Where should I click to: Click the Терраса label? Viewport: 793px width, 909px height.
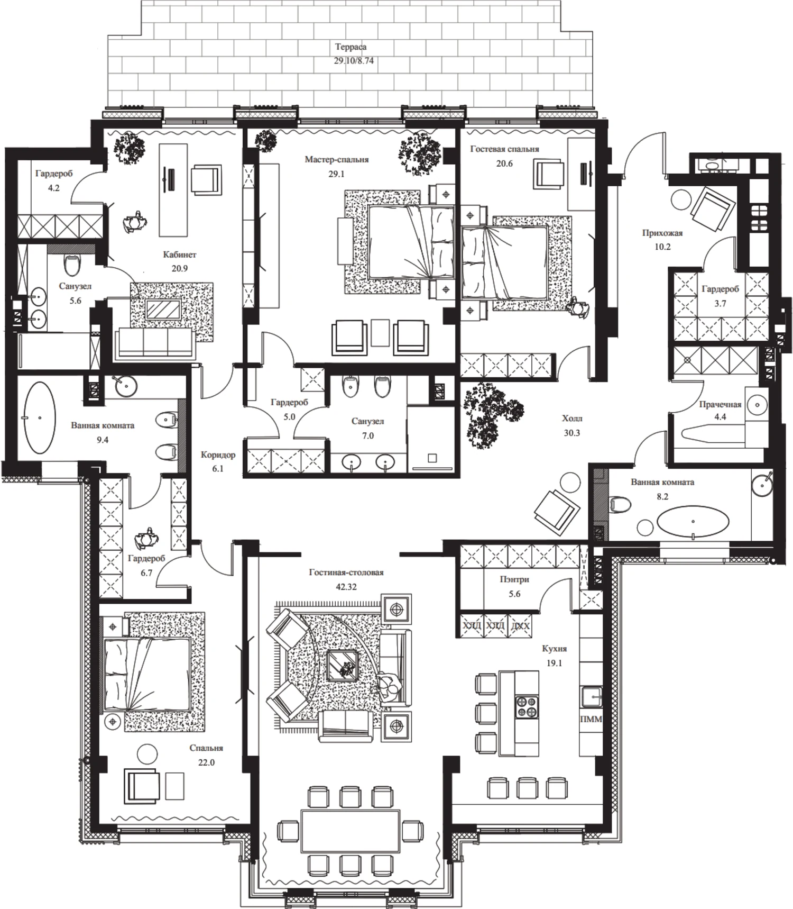click(x=350, y=47)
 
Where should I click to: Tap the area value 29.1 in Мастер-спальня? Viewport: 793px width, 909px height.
click(x=336, y=174)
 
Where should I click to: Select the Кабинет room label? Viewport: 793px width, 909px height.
click(x=179, y=254)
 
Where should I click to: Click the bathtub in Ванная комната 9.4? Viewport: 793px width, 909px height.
click(x=40, y=418)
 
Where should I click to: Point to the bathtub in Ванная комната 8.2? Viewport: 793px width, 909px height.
click(x=693, y=521)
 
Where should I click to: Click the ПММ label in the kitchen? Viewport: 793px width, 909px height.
click(x=591, y=719)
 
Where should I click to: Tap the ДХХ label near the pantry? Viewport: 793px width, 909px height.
click(x=520, y=626)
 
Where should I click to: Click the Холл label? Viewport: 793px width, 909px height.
click(x=572, y=419)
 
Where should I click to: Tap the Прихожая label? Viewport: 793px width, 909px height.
click(x=662, y=233)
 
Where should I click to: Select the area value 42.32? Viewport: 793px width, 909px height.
click(x=346, y=587)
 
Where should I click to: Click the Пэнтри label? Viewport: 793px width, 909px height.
click(x=514, y=579)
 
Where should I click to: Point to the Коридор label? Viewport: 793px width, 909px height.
click(x=218, y=454)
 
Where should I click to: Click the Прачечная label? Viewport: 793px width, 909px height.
click(x=720, y=404)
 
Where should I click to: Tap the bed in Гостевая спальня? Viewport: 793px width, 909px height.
click(x=504, y=262)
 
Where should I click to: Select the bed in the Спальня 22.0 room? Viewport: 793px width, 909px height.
click(x=147, y=674)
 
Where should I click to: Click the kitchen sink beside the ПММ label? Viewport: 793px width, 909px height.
click(x=592, y=696)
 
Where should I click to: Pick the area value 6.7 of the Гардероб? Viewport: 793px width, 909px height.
click(x=146, y=572)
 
